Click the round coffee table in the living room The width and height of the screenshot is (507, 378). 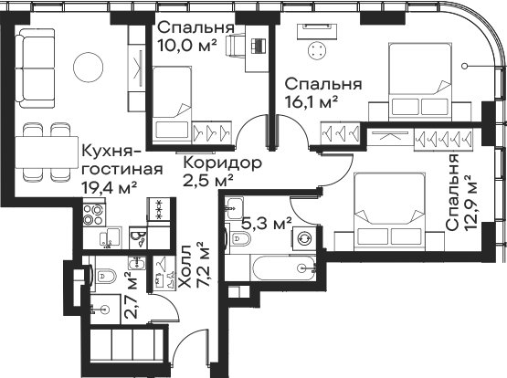pyautogui.click(x=89, y=68)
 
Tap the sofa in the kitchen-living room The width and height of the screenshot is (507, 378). pyautogui.click(x=35, y=68)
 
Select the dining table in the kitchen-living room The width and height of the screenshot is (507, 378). pyautogui.click(x=47, y=152)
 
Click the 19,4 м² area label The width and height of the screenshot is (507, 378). pyautogui.click(x=110, y=187)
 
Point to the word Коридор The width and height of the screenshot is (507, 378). pyautogui.click(x=223, y=163)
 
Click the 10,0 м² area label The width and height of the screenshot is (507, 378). pyautogui.click(x=187, y=46)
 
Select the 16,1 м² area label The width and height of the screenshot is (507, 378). pyautogui.click(x=312, y=102)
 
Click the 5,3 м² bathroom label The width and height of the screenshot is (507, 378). pyautogui.click(x=267, y=223)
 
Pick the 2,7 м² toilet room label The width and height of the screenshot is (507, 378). pyautogui.click(x=132, y=295)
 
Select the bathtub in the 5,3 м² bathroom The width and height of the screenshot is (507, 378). pyautogui.click(x=284, y=268)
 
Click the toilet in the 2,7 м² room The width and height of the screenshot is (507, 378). pyautogui.click(x=105, y=276)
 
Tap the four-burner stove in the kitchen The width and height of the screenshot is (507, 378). pyautogui.click(x=93, y=215)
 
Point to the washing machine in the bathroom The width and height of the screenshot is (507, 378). pyautogui.click(x=304, y=238)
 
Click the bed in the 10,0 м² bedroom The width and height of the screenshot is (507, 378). pyautogui.click(x=172, y=105)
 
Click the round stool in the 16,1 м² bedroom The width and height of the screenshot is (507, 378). pyautogui.click(x=318, y=51)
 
